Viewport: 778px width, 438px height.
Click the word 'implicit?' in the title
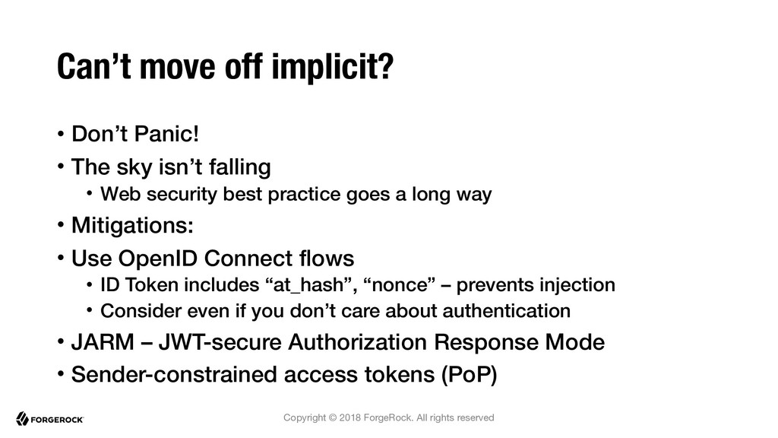(333, 67)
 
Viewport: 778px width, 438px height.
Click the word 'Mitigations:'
(132, 225)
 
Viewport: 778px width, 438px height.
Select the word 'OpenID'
(158, 259)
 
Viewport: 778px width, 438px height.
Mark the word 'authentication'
(506, 311)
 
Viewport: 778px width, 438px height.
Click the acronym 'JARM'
(103, 342)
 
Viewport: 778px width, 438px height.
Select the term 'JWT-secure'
(220, 342)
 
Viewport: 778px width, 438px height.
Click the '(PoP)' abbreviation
(469, 374)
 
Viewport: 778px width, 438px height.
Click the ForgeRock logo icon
(22, 419)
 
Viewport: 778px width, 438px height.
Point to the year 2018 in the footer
(349, 417)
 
